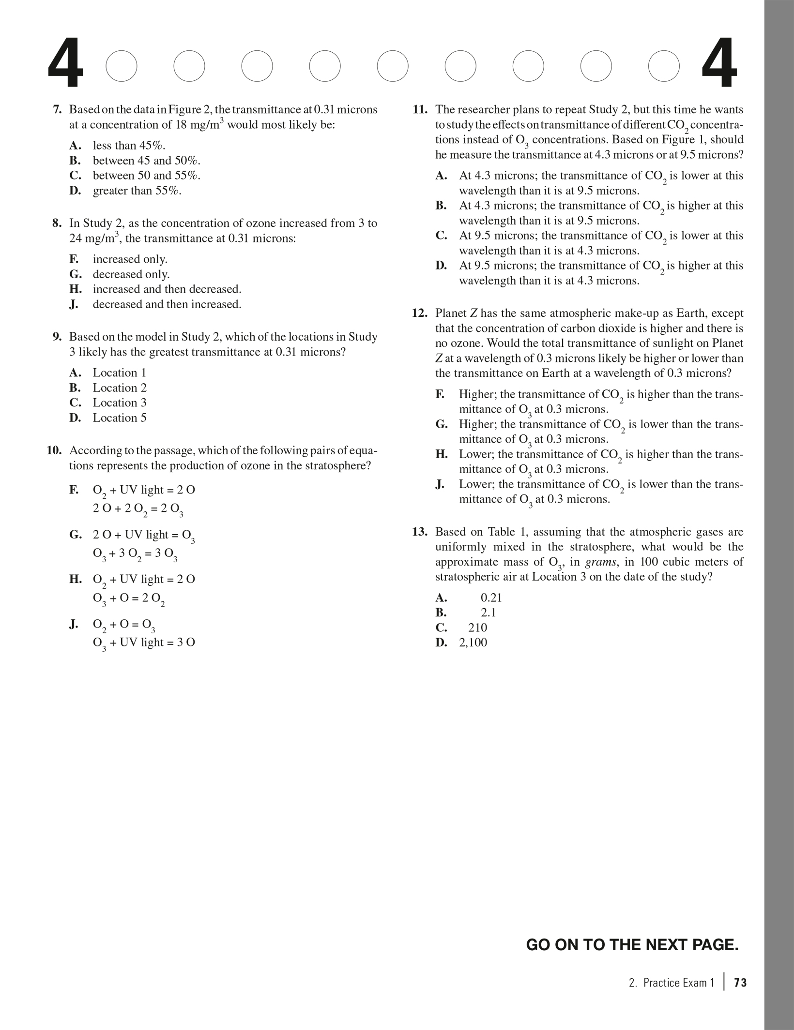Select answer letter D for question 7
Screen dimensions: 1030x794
pyautogui.click(x=75, y=191)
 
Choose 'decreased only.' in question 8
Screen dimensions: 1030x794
pyautogui.click(x=131, y=274)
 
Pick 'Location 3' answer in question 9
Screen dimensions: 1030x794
pyautogui.click(x=119, y=403)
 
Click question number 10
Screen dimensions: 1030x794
pyautogui.click(x=54, y=451)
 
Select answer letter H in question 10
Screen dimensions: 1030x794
pyautogui.click(x=75, y=579)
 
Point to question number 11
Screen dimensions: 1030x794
pyautogui.click(x=420, y=110)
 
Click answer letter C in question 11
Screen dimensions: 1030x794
pyautogui.click(x=441, y=236)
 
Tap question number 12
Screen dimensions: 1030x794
pyautogui.click(x=420, y=313)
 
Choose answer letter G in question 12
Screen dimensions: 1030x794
pyautogui.click(x=441, y=424)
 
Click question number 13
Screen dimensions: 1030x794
pyautogui.click(x=420, y=532)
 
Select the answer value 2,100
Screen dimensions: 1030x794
pyautogui.click(x=473, y=642)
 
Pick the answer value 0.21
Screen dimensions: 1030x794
pyautogui.click(x=491, y=597)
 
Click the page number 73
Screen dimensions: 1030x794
pyautogui.click(x=740, y=983)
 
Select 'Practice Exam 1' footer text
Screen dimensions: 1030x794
pyautogui.click(x=678, y=983)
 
